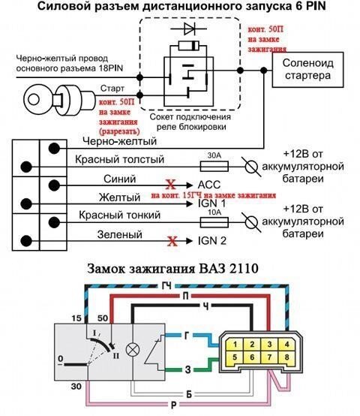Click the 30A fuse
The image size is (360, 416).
pyautogui.click(x=214, y=167)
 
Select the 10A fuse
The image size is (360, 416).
pyautogui.click(x=214, y=222)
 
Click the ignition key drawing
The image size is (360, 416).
pyautogui.click(x=58, y=100)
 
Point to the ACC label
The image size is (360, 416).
pyautogui.click(x=209, y=185)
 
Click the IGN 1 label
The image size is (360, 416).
pyautogui.click(x=212, y=203)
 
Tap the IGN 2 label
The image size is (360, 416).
pyautogui.click(x=212, y=240)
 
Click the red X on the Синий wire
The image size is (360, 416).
pyautogui.click(x=170, y=184)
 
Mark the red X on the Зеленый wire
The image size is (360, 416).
pyautogui.click(x=172, y=241)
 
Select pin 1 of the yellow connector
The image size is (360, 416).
pyautogui.click(x=235, y=345)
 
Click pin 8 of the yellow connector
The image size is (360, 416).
pyautogui.click(x=286, y=357)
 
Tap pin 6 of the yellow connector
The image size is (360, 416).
pyautogui.click(x=252, y=357)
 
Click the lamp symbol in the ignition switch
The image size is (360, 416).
pyautogui.click(x=133, y=350)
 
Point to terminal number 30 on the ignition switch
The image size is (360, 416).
pyautogui.click(x=76, y=386)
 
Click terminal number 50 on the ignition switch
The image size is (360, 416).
pyautogui.click(x=103, y=318)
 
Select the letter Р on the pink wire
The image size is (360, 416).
pyautogui.click(x=174, y=405)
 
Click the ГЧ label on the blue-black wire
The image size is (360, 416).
pyautogui.click(x=166, y=286)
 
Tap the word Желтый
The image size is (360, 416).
pyautogui.click(x=119, y=197)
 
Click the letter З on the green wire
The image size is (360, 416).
pyautogui.click(x=187, y=369)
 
